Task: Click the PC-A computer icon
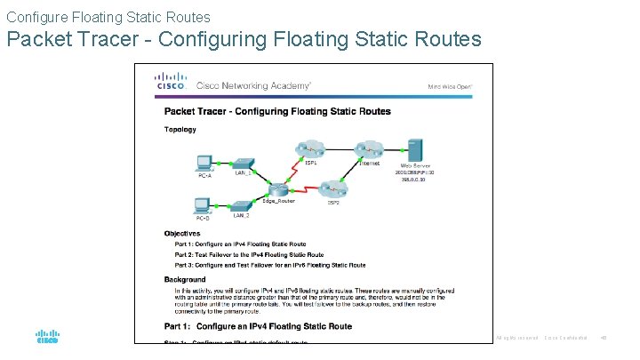204,162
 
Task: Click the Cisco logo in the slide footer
47,338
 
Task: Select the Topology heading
180,129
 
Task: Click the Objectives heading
184,233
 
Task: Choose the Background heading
186,280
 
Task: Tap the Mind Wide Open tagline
451,86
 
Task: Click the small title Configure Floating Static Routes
108,16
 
